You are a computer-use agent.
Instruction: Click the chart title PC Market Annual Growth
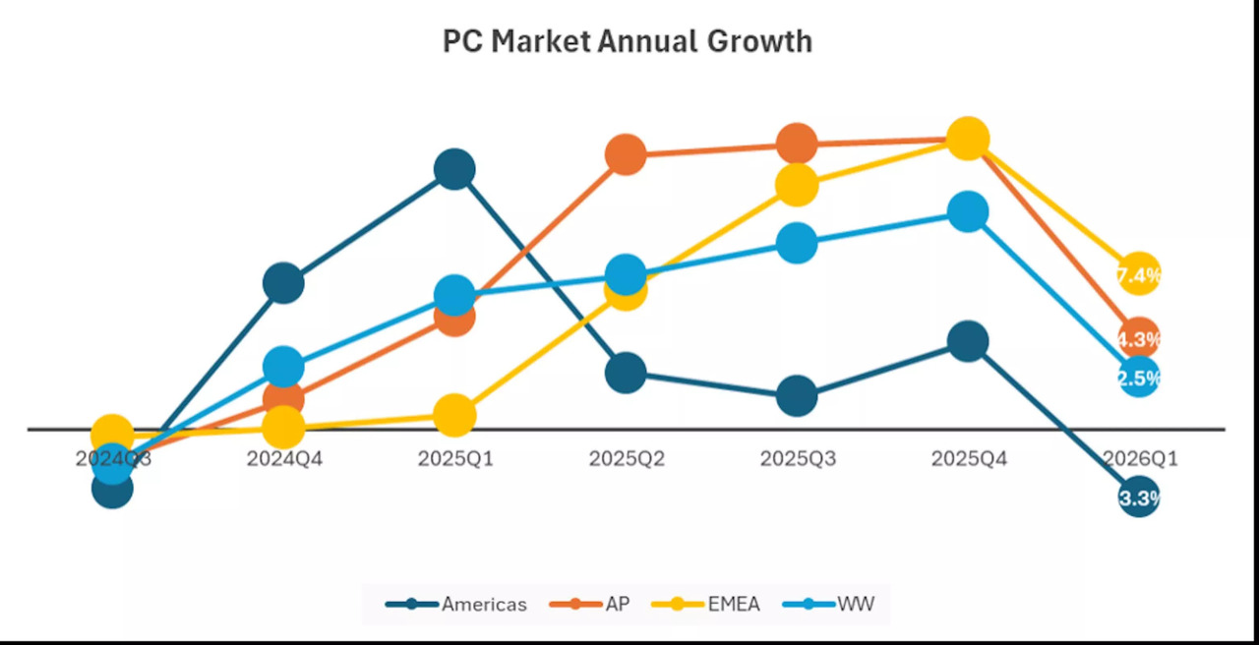[628, 41]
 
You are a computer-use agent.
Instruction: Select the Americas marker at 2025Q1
[454, 169]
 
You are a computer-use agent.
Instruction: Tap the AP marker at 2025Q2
[626, 154]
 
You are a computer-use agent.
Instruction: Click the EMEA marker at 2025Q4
[968, 139]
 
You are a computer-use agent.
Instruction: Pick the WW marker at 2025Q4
[968, 211]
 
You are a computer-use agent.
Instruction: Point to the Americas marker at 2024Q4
[283, 283]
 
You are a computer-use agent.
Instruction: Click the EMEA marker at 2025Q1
[454, 416]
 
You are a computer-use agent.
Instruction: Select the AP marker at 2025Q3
[797, 145]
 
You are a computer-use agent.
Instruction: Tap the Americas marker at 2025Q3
[797, 396]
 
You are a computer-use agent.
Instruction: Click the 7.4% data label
[1139, 274]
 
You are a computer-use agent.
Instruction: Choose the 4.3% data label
[1139, 339]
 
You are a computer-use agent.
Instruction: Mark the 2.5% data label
[1139, 378]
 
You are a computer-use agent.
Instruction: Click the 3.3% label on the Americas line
[1139, 498]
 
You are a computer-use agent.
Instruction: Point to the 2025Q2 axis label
[626, 458]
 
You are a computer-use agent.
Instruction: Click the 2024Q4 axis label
[283, 458]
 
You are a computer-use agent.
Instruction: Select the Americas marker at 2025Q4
[968, 341]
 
